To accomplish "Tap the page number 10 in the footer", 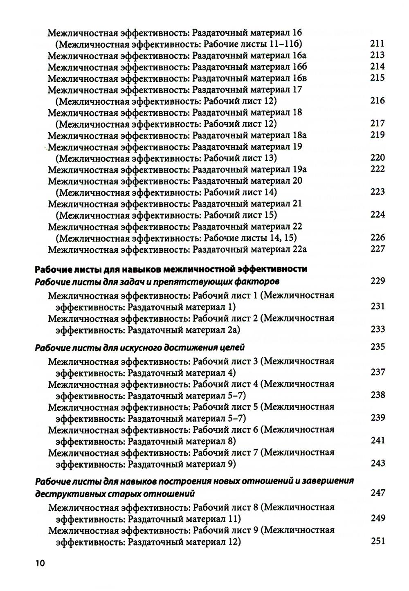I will point(40,563).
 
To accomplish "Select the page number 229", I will point(378,281).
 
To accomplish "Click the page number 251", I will point(378,541).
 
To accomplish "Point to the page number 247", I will point(378,493).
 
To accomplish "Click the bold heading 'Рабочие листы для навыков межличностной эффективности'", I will point(171,269).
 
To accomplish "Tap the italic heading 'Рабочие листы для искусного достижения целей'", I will point(140,348).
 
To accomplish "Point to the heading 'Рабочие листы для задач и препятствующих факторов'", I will point(157,281).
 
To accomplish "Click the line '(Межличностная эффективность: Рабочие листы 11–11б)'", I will point(179,44).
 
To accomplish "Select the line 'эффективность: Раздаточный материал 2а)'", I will point(148,330).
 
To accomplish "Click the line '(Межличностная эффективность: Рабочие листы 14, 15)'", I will point(176,238).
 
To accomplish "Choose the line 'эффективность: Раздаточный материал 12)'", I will point(148,542).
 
